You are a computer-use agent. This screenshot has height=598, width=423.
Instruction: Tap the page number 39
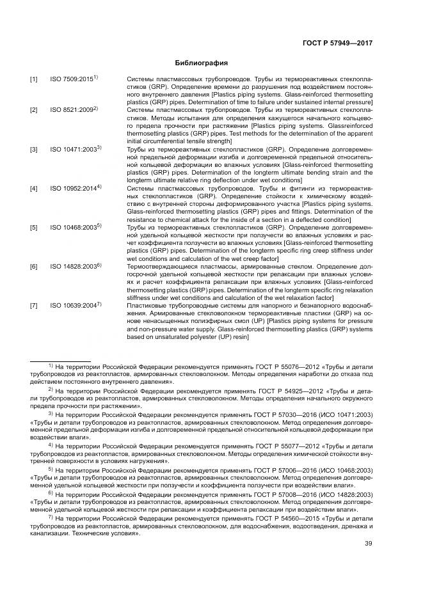369,544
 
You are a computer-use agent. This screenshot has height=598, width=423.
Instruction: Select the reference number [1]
33,79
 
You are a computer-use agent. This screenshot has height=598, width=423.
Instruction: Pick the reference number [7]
33,306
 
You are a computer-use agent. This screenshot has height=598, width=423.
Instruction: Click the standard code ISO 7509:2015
72,79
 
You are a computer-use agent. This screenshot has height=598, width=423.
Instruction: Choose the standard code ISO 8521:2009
72,111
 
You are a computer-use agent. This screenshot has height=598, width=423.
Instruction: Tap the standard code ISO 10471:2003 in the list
74,149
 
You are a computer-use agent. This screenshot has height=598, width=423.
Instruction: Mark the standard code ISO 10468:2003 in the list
74,227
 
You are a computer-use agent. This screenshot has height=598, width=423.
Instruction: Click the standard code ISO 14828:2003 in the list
74,266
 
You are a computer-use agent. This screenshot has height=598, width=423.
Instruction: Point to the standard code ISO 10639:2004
74,306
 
